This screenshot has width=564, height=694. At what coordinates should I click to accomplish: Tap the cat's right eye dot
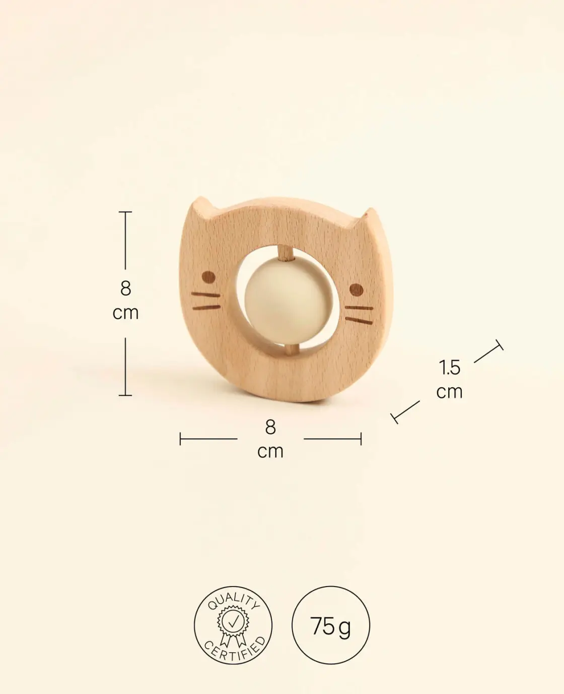pyautogui.click(x=356, y=290)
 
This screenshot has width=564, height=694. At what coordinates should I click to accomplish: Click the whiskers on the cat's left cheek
pyautogui.click(x=206, y=301)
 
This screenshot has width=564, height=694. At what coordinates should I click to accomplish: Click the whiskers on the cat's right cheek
pyautogui.click(x=359, y=315)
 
